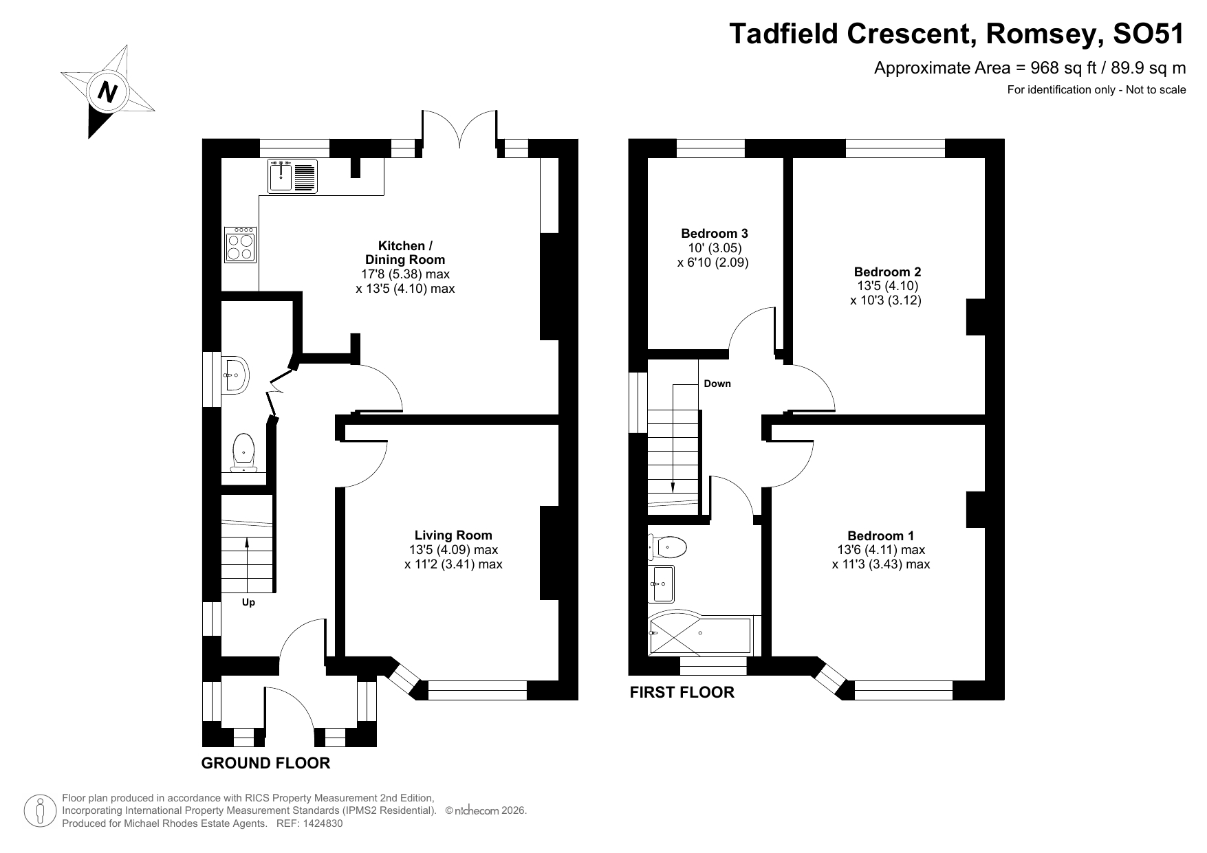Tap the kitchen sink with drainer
click(x=292, y=175)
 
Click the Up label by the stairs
click(x=248, y=602)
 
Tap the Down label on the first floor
click(x=717, y=384)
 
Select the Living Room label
click(x=453, y=535)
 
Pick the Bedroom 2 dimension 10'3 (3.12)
click(x=885, y=300)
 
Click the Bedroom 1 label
click(x=880, y=535)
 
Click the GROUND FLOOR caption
click(x=265, y=763)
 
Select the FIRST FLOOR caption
click(x=682, y=692)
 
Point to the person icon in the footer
click(x=39, y=811)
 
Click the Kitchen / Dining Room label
click(x=405, y=252)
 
